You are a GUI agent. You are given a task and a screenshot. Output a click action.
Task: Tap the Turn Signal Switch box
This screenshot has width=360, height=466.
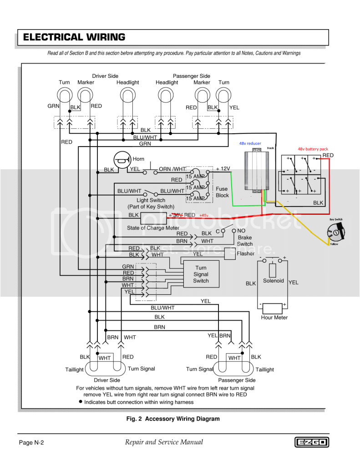[201, 274]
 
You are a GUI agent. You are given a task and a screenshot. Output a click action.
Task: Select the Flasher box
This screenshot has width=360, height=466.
[231, 253]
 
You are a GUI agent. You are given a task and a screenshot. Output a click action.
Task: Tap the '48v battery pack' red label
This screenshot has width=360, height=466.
[313, 149]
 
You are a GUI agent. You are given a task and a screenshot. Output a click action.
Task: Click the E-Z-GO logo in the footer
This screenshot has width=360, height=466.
[312, 442]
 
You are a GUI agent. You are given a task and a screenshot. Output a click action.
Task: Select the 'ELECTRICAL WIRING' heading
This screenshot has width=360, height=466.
[74, 37]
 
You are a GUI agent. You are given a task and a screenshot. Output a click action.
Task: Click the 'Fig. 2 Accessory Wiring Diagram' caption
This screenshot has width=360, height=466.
[173, 419]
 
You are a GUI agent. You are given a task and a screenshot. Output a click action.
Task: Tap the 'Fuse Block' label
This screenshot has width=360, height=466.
[222, 192]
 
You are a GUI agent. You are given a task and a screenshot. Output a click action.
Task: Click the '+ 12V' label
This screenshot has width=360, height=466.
[223, 169]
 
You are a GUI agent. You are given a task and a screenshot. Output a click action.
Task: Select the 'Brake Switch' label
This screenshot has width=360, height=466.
[244, 241]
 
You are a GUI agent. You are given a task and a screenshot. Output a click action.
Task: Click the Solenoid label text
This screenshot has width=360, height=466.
[274, 281]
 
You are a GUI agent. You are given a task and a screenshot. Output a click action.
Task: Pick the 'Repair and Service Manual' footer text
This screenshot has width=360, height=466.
[164, 442]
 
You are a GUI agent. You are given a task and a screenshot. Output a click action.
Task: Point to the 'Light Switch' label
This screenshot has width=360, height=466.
[151, 200]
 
